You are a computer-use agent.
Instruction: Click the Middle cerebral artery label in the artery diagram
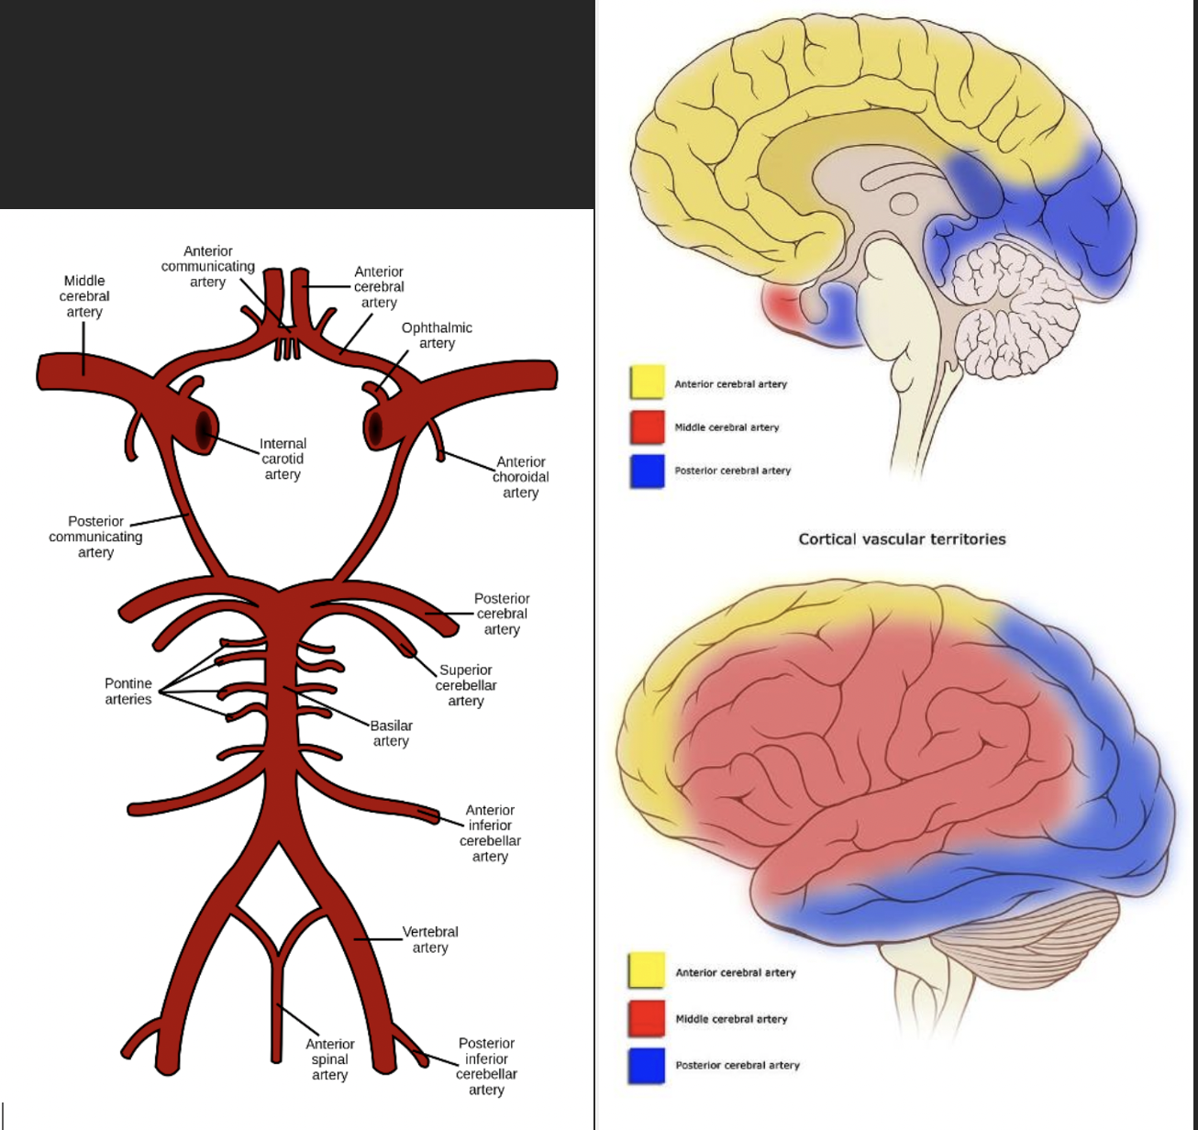click(84, 296)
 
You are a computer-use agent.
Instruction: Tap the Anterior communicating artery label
click(208, 267)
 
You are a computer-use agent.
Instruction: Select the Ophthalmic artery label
click(437, 335)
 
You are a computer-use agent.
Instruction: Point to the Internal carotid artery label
click(283, 459)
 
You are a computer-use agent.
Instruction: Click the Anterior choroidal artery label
click(521, 477)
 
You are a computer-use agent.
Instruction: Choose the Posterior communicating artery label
click(95, 537)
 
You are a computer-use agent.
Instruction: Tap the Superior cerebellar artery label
click(466, 685)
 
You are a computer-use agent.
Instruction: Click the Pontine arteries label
click(128, 692)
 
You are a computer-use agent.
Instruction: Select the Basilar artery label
click(392, 733)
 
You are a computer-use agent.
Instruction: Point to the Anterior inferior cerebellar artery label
click(490, 833)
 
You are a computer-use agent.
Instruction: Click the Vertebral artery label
click(430, 939)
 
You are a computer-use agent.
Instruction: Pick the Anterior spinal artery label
click(330, 1059)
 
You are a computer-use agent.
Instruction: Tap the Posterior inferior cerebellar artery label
click(486, 1067)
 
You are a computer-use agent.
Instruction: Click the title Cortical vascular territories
click(902, 539)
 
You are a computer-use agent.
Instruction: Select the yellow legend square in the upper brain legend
click(647, 382)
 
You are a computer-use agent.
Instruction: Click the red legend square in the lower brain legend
click(647, 1017)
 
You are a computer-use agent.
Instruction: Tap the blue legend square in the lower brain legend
click(647, 1065)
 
